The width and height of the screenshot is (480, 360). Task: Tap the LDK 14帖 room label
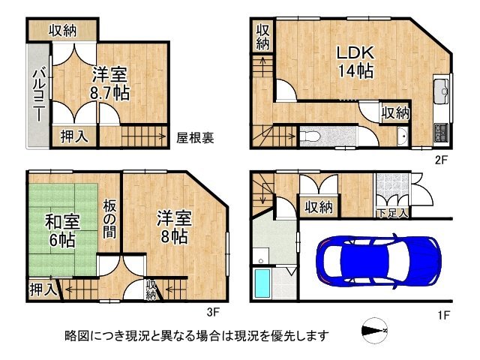[354, 62]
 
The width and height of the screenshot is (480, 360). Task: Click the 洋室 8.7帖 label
[110, 83]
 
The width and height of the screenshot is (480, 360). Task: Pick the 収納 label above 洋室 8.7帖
[64, 30]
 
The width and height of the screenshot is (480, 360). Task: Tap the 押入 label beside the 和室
[41, 288]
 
